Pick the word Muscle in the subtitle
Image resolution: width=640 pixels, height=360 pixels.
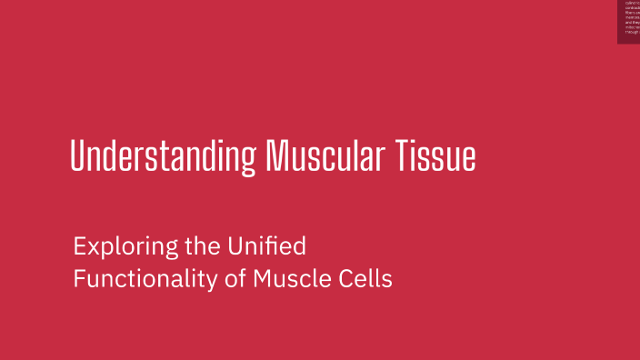[x=286, y=279]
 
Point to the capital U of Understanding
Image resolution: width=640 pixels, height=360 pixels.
[x=77, y=156]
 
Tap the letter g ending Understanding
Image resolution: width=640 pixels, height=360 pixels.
[x=247, y=160]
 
